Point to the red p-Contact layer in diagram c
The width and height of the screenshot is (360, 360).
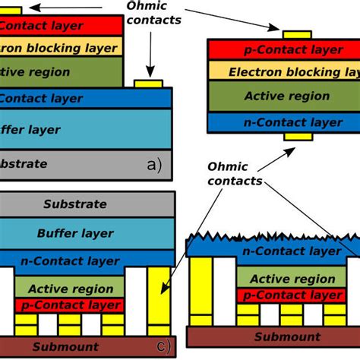pyautogui.click(x=68, y=305)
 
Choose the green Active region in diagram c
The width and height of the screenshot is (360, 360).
pyautogui.click(x=68, y=289)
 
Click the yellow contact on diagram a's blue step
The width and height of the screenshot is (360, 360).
pyautogui.click(x=144, y=83)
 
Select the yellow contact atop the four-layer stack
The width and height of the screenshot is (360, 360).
pyautogui.click(x=296, y=34)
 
